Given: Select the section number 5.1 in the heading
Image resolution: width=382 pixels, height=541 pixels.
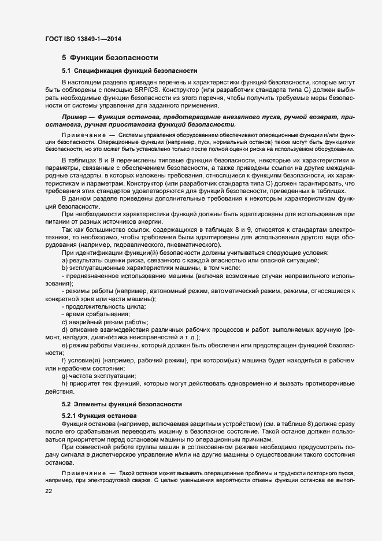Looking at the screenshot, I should [x=67, y=70].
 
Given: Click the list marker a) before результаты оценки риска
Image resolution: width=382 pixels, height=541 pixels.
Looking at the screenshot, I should [x=64, y=260].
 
